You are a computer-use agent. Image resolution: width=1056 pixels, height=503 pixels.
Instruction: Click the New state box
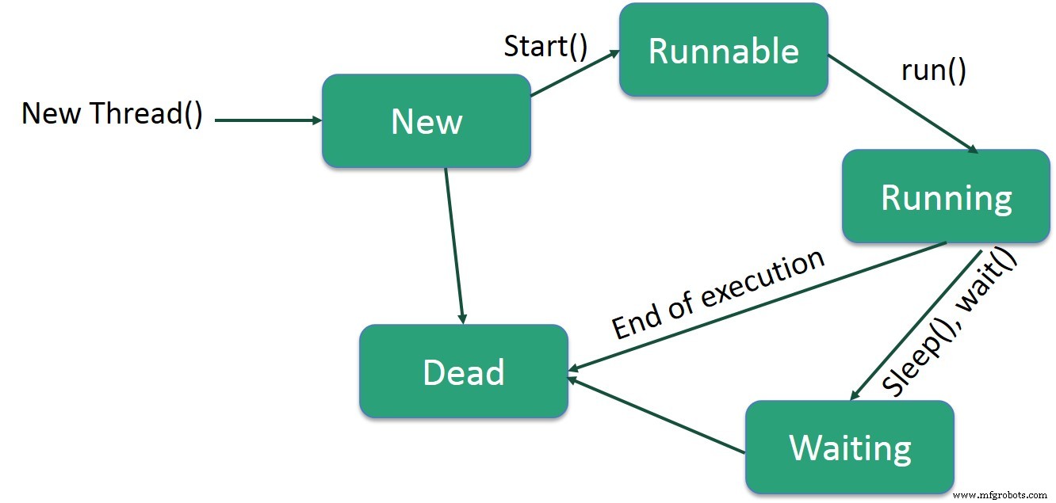point(426,121)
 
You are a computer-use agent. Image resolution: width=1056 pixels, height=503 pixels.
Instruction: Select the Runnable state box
point(723,51)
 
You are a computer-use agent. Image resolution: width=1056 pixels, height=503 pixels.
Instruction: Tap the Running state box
point(946,196)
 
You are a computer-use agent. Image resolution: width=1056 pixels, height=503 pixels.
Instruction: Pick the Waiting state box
point(849,448)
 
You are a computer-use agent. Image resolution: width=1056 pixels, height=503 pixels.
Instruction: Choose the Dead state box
point(463,372)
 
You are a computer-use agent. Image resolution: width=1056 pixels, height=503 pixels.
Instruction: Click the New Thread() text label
point(112,114)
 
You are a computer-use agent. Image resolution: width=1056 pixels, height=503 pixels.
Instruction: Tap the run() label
point(933,70)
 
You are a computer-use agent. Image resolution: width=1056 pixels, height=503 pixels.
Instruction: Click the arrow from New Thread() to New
point(268,121)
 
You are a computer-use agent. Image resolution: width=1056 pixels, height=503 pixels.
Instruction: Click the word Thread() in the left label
point(147,114)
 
